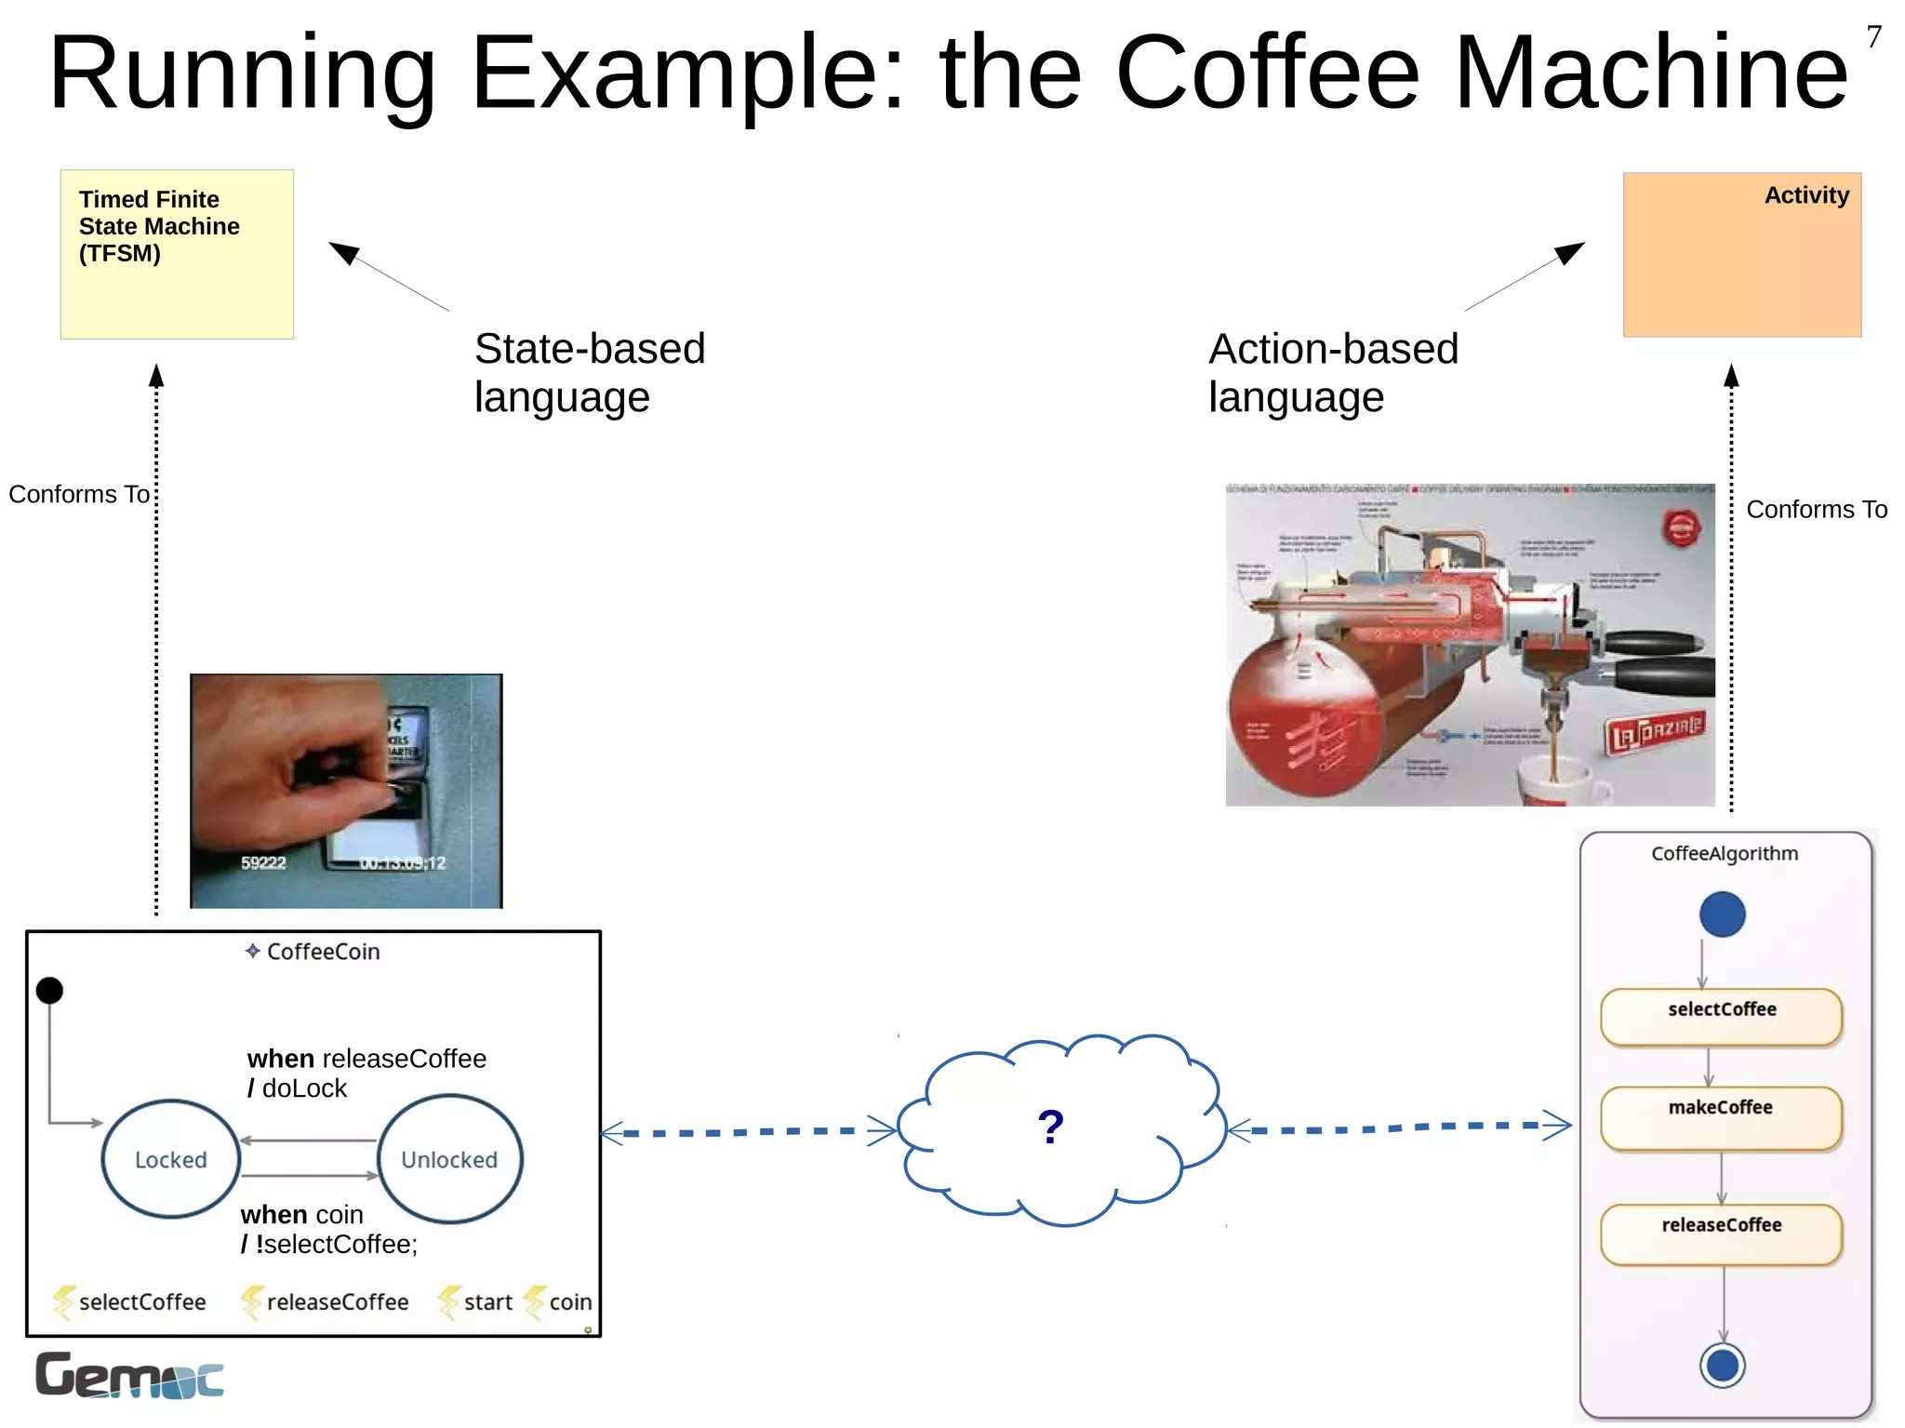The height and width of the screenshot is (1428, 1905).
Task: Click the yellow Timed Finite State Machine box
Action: coord(177,254)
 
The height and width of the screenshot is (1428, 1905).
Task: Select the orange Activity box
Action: coord(1741,254)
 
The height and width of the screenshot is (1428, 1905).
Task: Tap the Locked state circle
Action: coord(171,1159)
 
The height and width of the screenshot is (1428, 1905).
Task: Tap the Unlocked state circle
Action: coord(449,1159)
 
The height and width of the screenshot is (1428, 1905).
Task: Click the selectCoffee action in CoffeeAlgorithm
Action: coord(1721,1016)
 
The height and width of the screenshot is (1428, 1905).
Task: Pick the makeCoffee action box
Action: coord(1721,1116)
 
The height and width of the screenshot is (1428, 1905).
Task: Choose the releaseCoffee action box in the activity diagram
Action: coord(1721,1234)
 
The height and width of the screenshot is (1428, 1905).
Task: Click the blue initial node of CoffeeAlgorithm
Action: coord(1722,914)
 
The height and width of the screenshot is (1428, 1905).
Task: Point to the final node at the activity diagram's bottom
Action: coord(1722,1366)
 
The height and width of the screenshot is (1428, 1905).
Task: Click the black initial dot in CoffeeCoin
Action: coord(49,990)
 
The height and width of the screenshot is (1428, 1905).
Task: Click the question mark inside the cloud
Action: coord(1050,1128)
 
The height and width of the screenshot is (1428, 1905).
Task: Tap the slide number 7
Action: coord(1873,37)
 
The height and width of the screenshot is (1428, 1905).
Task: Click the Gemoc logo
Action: coord(129,1375)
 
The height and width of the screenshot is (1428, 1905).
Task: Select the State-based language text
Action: coord(589,372)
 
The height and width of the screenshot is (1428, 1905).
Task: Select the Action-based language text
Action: coord(1332,372)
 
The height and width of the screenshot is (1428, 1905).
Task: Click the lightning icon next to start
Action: coord(449,1301)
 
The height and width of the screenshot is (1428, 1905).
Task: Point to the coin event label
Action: coord(569,1301)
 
